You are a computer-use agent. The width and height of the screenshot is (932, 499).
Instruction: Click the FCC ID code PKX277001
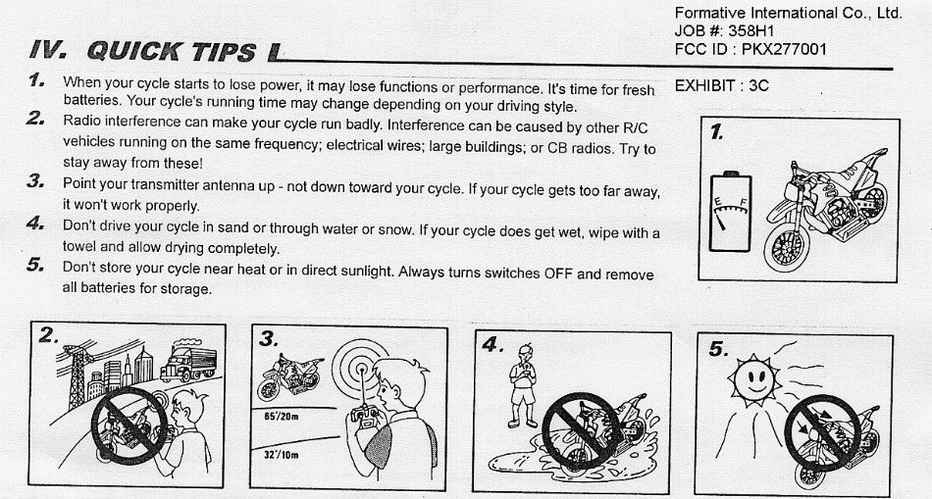pos(784,49)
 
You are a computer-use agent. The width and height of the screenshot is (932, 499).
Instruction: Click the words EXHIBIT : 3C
pos(722,85)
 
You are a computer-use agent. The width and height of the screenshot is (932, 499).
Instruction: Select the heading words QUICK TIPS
pos(172,52)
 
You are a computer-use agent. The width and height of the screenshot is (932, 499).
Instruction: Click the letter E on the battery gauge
pos(717,203)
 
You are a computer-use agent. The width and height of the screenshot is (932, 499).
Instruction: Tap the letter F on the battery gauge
pos(744,201)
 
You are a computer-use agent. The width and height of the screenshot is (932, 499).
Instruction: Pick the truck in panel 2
pos(188,360)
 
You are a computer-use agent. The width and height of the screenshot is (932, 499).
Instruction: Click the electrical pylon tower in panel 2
pos(78,374)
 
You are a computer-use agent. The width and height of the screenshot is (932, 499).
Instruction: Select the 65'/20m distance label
pos(282,417)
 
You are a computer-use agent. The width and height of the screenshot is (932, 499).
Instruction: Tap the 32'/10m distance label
pos(282,456)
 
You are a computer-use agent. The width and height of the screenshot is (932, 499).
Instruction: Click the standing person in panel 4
pos(522,385)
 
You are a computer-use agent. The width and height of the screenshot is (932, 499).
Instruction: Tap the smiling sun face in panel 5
pos(754,380)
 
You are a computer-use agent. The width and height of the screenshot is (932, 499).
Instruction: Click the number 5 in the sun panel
pos(718,350)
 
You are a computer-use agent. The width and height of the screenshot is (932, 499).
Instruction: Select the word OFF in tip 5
pos(558,274)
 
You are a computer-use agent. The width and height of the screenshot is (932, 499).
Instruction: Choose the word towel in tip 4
pos(79,246)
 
